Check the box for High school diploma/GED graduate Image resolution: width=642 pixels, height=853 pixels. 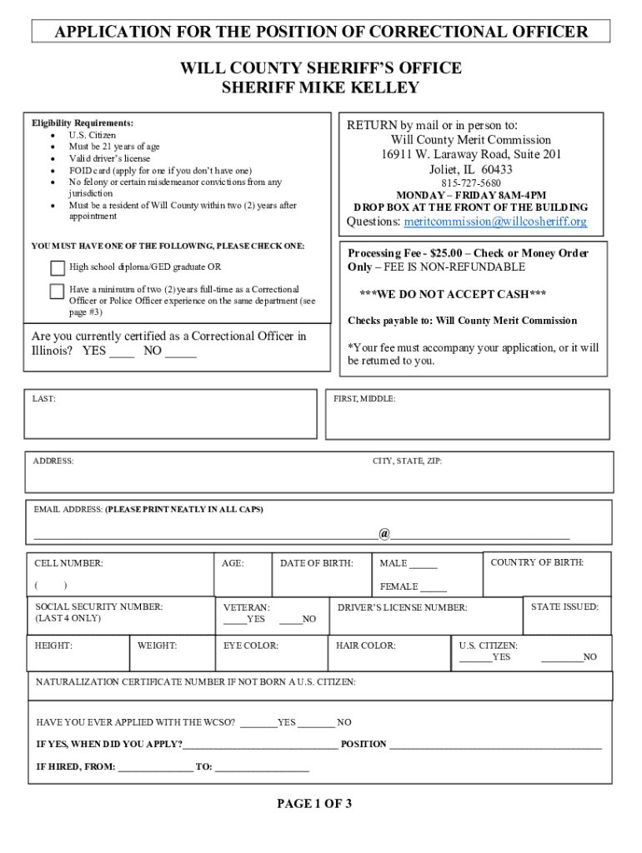pyautogui.click(x=57, y=267)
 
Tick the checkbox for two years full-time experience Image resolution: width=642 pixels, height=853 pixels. pyautogui.click(x=57, y=291)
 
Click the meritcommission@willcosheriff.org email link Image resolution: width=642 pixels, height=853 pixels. pyautogui.click(x=495, y=222)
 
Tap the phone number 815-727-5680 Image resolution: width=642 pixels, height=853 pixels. pyautogui.click(x=471, y=183)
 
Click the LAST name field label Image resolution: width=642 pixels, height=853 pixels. pyautogui.click(x=44, y=399)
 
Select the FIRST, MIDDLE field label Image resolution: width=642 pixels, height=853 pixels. pyautogui.click(x=364, y=399)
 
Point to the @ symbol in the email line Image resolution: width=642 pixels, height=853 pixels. pyautogui.click(x=384, y=533)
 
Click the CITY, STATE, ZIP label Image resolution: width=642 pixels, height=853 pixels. pyautogui.click(x=407, y=461)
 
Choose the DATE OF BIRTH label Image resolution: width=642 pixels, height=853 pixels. pyautogui.click(x=316, y=564)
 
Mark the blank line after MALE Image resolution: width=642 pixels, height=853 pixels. pyautogui.click(x=423, y=566)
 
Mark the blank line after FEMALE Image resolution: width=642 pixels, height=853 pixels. pyautogui.click(x=432, y=590)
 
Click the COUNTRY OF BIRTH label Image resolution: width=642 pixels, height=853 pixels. pyautogui.click(x=537, y=562)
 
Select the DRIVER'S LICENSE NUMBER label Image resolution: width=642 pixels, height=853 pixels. pyautogui.click(x=402, y=608)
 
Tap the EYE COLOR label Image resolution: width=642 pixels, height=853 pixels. pyautogui.click(x=251, y=646)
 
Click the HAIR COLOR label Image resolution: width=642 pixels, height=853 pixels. pyautogui.click(x=365, y=646)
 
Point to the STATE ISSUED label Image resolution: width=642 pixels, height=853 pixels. pyautogui.click(x=564, y=607)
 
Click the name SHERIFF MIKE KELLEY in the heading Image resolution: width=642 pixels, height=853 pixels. pyautogui.click(x=320, y=88)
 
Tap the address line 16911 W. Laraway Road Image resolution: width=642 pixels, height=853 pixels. pyautogui.click(x=471, y=155)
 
